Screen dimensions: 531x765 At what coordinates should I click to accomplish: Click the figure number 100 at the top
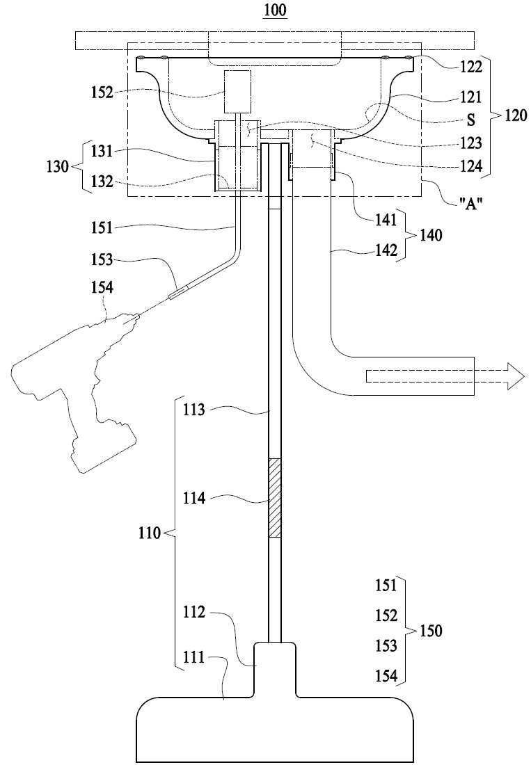point(276,10)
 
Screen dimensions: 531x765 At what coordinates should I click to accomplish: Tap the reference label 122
point(471,66)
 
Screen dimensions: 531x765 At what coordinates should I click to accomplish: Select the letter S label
point(471,120)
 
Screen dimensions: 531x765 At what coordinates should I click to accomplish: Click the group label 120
point(516,115)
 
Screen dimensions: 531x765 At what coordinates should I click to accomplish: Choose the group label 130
point(57,167)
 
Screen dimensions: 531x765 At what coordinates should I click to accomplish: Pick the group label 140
point(431,236)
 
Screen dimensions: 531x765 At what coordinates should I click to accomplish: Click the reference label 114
point(193,498)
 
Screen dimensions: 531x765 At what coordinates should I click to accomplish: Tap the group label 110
point(150,533)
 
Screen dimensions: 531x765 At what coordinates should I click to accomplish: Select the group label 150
point(431,631)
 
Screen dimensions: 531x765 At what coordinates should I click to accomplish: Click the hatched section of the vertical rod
point(275,498)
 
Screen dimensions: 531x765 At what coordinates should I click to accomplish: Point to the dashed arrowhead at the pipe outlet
point(516,376)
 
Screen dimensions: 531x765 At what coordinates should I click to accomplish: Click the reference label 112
point(193,611)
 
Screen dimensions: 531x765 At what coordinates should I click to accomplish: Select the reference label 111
point(193,658)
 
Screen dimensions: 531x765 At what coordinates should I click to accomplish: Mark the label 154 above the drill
point(102,287)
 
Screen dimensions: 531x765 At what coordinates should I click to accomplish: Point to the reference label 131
point(102,151)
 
